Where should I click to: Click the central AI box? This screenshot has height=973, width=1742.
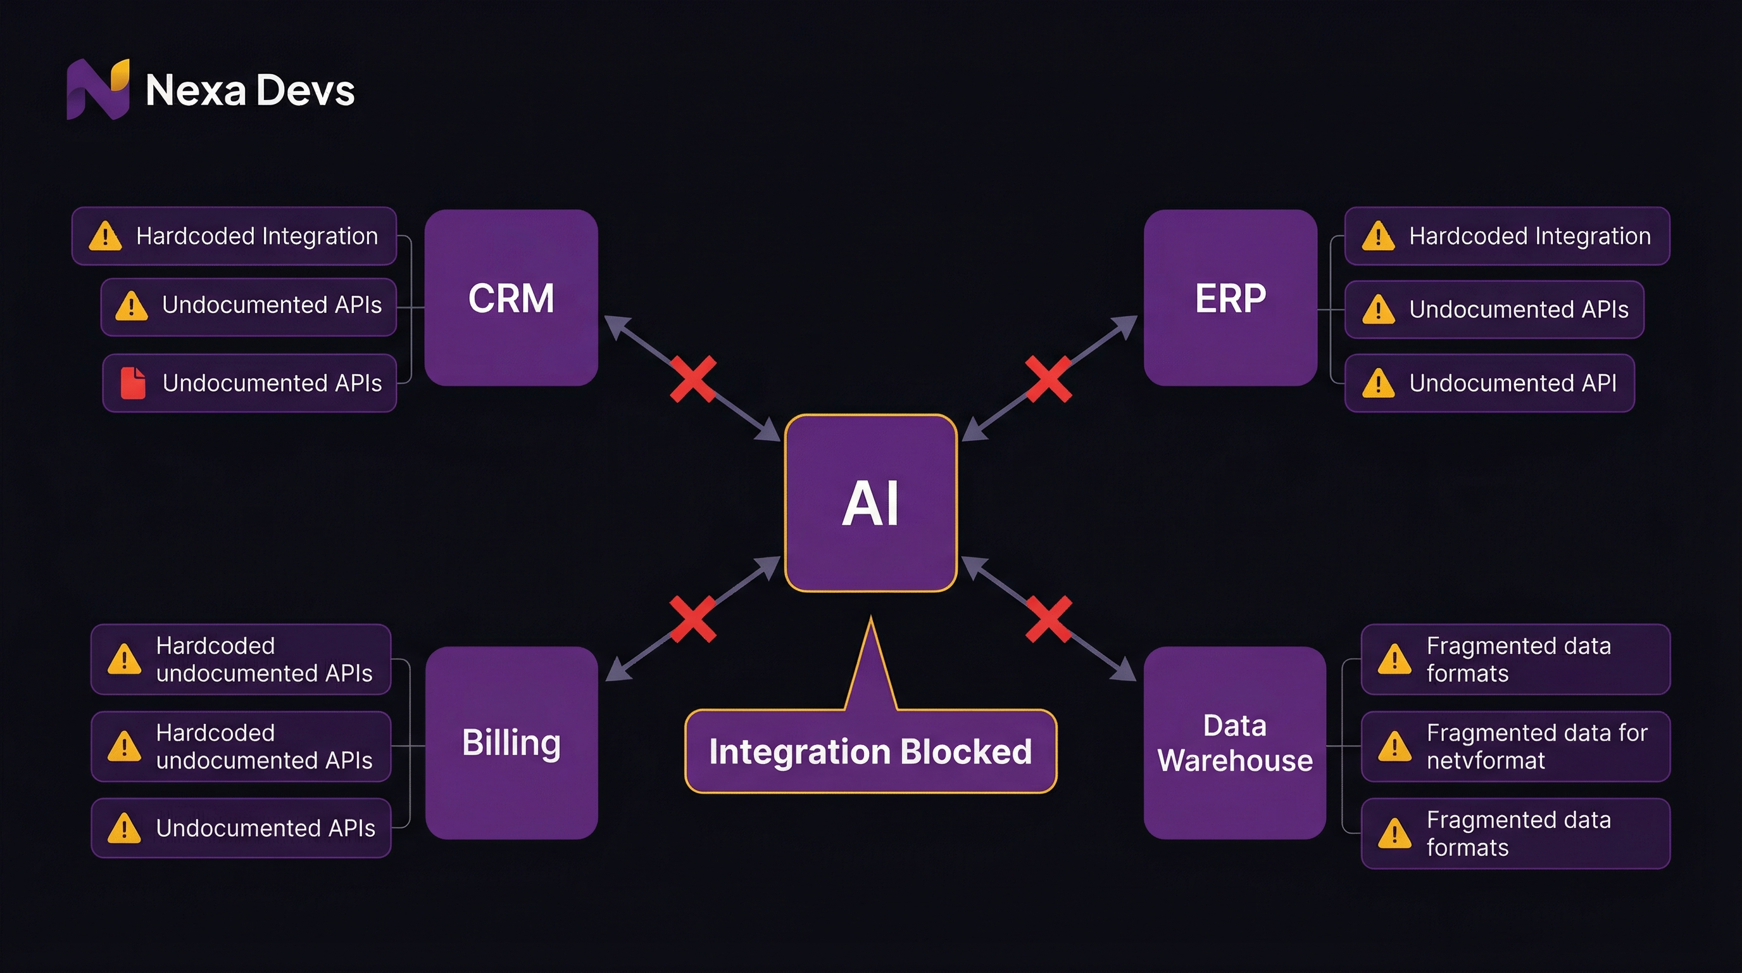tap(870, 503)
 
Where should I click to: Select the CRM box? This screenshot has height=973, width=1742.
tap(511, 298)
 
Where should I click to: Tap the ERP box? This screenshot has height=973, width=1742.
tap(1230, 298)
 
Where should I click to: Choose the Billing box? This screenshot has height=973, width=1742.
tap(511, 742)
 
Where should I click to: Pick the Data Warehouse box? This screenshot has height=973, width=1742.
tap(1234, 742)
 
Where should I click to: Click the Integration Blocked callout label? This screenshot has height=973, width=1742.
tap(870, 751)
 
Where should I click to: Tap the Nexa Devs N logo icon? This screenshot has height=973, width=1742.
tap(97, 89)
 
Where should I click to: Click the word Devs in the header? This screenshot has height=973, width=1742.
tap(306, 91)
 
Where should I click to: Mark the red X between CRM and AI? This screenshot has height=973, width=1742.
tap(693, 379)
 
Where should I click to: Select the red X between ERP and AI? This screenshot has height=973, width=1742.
tap(1048, 379)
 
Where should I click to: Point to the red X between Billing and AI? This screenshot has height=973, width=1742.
tap(693, 618)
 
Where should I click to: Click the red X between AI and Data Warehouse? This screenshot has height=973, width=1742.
tap(1048, 618)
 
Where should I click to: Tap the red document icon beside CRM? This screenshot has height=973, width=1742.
tap(132, 383)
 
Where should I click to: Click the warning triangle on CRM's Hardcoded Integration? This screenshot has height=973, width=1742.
tap(105, 236)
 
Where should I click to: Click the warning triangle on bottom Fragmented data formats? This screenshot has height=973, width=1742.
tap(1394, 834)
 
